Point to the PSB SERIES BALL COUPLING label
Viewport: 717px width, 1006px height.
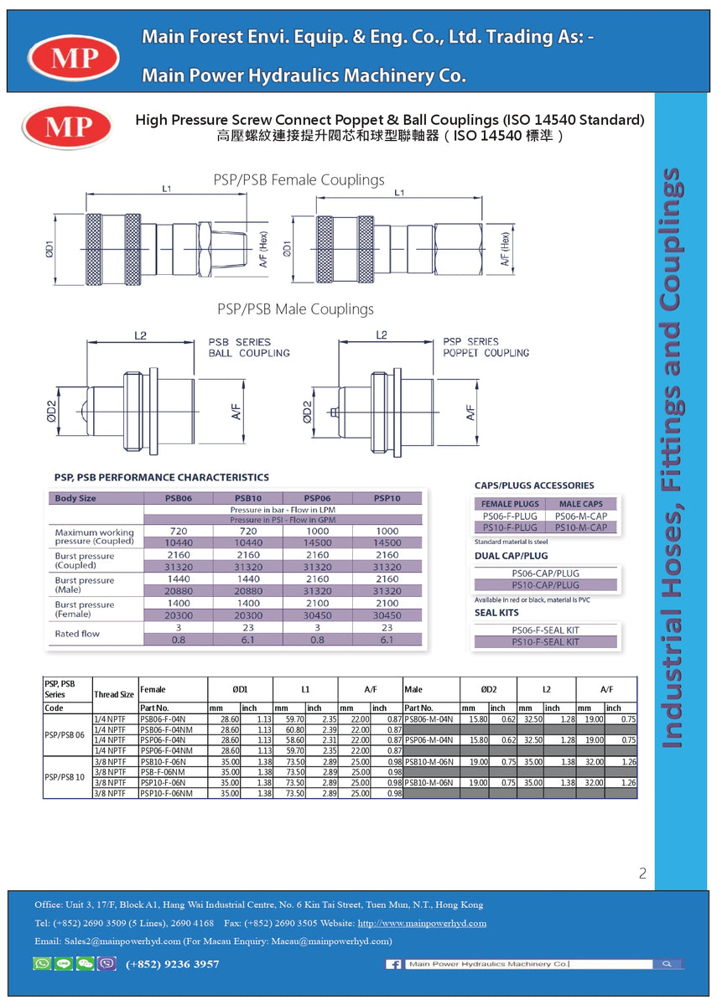point(248,347)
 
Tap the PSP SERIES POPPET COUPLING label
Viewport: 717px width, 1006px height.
point(486,347)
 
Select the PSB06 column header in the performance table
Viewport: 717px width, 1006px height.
point(178,498)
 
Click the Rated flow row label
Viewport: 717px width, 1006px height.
point(77,634)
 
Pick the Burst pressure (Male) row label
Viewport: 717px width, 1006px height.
point(85,585)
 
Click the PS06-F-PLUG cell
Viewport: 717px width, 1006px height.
point(510,516)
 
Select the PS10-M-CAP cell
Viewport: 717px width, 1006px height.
point(581,527)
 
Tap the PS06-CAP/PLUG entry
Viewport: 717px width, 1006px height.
point(545,573)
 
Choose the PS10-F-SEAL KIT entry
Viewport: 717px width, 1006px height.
point(545,642)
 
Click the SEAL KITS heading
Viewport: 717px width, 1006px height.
point(496,613)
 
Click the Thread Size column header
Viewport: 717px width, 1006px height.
point(114,694)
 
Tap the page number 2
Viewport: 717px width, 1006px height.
point(642,874)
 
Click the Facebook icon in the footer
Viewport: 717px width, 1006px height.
point(393,965)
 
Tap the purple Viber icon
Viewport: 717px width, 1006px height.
point(107,964)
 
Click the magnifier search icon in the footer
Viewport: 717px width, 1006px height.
point(668,965)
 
